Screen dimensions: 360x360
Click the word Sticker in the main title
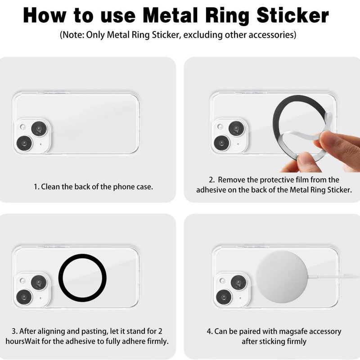click(293, 15)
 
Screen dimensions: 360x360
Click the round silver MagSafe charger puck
click(282, 276)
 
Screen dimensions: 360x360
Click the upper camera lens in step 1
click(39, 129)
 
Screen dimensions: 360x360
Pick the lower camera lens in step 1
click(24, 143)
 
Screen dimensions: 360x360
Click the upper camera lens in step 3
click(39, 282)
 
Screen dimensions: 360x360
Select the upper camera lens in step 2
click(237, 129)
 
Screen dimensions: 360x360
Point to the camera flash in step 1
click(23, 127)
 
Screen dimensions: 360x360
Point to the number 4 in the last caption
click(209, 332)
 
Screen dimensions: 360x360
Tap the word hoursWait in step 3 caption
click(23, 342)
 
